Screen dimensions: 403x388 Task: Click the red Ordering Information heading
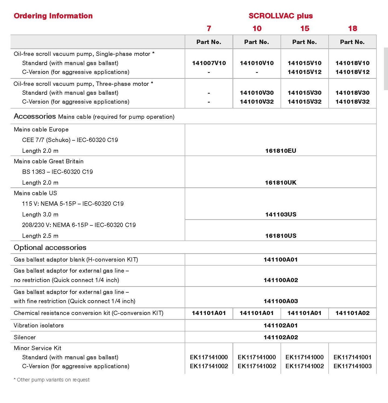[53, 16]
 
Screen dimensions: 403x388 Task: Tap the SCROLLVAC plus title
[281, 16]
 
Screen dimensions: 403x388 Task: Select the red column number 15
[305, 28]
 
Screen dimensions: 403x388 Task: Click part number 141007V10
[209, 63]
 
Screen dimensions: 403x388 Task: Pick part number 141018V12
[352, 72]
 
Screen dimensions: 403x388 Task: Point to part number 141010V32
[257, 101]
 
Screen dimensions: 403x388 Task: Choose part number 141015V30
[305, 93]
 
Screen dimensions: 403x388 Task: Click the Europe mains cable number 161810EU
[281, 151]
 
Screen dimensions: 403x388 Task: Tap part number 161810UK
[281, 182]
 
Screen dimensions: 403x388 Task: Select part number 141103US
[281, 214]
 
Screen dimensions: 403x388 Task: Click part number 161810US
[281, 236]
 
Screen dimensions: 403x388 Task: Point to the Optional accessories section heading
[50, 247]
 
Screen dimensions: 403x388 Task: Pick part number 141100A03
[281, 301]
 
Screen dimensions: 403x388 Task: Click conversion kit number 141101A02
[352, 313]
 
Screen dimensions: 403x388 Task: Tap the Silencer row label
[25, 337]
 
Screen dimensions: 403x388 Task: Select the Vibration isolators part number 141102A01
[281, 325]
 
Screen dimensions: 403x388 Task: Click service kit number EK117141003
[352, 366]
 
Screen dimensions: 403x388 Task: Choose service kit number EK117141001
[352, 357]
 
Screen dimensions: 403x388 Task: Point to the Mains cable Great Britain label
[49, 161]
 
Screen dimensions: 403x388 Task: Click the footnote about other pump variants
[52, 380]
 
